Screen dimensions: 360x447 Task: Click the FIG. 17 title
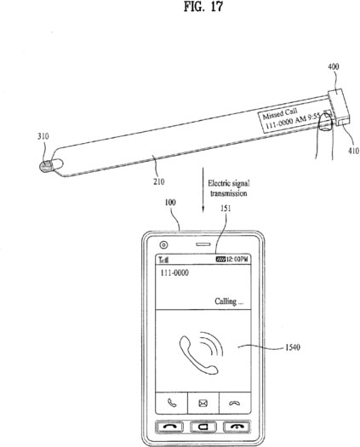203,7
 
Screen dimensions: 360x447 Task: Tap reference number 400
334,66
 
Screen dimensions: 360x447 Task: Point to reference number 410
353,151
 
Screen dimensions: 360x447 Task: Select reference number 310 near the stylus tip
43,136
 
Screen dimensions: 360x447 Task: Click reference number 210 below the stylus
159,181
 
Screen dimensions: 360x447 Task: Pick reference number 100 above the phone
170,203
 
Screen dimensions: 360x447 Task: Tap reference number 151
226,209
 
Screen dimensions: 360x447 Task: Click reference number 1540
293,347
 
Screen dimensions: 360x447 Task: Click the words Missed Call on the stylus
280,113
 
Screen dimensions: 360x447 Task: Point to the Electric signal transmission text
229,188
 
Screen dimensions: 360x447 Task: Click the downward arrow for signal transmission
203,190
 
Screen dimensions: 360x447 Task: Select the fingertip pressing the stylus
325,122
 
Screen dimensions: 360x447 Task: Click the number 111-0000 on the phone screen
174,272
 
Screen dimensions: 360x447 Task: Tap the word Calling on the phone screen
226,301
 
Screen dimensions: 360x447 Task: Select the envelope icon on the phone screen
203,404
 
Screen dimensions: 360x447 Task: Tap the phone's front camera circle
163,244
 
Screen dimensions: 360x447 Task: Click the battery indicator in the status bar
220,260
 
